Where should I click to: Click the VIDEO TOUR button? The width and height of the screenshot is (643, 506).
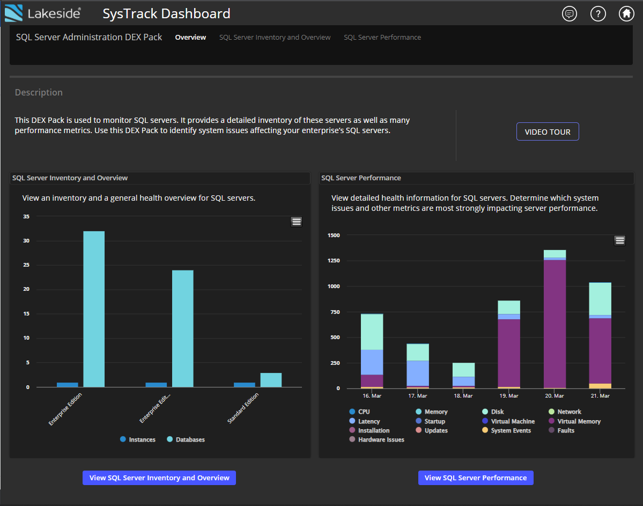[548, 132]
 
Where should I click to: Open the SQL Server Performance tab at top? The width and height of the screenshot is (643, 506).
[382, 38]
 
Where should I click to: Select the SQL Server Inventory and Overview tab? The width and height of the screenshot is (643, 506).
[275, 38]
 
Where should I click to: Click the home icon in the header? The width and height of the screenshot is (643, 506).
[626, 14]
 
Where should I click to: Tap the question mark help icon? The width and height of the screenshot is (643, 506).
[598, 14]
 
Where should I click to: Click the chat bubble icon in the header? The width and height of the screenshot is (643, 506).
[570, 14]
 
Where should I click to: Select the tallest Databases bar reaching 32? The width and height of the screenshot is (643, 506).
[94, 309]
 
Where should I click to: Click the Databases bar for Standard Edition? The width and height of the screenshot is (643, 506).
[271, 380]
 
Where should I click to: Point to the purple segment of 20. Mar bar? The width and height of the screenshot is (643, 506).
[555, 322]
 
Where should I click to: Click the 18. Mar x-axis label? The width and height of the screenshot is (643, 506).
[463, 396]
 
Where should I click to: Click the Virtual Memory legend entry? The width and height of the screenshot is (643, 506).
[578, 422]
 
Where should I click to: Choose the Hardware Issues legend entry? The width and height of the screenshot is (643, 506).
[381, 440]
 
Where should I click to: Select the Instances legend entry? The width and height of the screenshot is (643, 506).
[142, 440]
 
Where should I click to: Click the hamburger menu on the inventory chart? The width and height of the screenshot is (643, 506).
[297, 222]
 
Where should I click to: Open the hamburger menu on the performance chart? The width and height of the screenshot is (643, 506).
[620, 240]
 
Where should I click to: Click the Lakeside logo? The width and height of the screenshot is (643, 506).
[43, 13]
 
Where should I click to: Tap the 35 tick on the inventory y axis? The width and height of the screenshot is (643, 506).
[26, 217]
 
